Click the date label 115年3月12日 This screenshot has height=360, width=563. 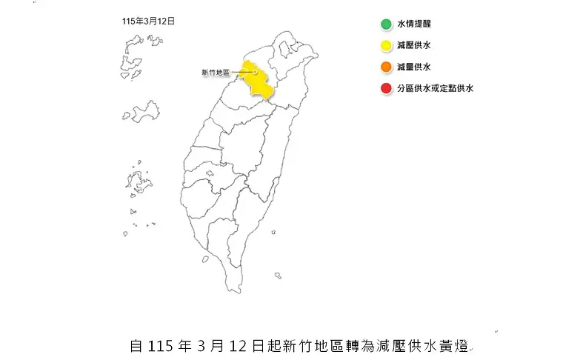tap(149, 21)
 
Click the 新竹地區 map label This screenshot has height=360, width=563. tap(216, 73)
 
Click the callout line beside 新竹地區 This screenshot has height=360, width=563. tap(242, 73)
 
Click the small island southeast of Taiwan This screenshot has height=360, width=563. tap(277, 276)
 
